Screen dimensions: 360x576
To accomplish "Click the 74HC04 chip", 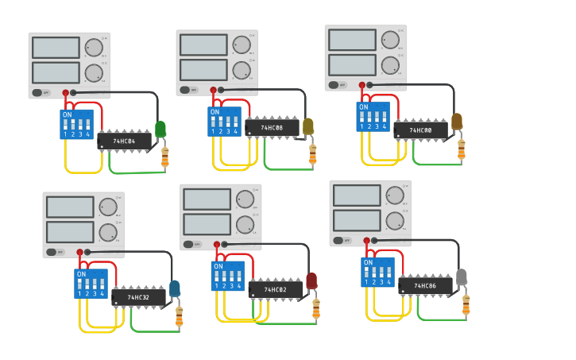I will click(x=124, y=141).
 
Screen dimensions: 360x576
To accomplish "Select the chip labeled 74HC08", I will click(x=272, y=127).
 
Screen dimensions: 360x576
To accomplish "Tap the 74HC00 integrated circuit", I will click(x=420, y=130).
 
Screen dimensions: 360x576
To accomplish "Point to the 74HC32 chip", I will click(x=138, y=297).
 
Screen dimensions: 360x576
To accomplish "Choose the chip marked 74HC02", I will click(x=275, y=290).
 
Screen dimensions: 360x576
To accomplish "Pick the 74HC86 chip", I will click(x=425, y=285).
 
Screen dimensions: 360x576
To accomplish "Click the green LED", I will click(x=160, y=128).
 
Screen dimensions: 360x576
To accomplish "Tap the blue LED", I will click(x=175, y=288).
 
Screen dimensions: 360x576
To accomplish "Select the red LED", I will click(x=311, y=281).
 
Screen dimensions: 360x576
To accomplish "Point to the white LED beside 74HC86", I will click(x=462, y=277).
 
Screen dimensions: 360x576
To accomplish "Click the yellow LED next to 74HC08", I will click(x=308, y=126).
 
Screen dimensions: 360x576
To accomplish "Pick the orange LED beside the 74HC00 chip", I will click(x=457, y=121).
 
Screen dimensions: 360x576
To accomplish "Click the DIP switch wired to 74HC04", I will click(x=76, y=124).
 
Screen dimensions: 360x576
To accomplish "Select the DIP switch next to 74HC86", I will click(x=378, y=272).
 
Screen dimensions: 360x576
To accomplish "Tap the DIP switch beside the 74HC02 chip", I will click(x=227, y=276).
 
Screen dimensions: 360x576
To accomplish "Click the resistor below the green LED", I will click(x=165, y=157).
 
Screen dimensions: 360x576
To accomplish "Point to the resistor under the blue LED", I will click(x=179, y=316).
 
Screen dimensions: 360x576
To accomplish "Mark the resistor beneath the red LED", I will click(x=316, y=308).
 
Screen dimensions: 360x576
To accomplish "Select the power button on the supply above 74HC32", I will click(x=51, y=252).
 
